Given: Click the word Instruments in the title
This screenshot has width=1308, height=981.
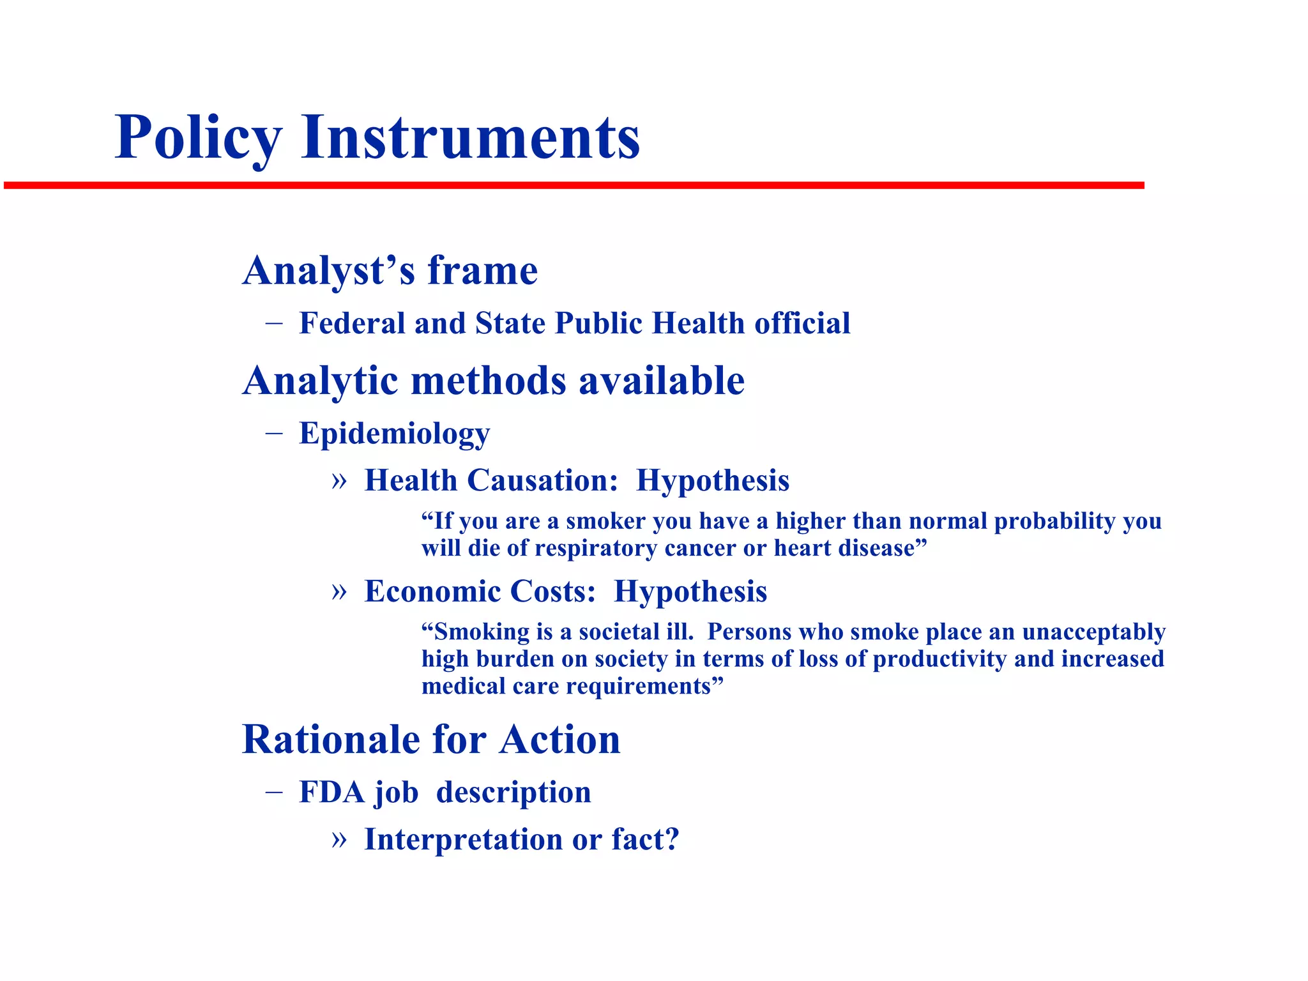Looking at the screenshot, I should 470,137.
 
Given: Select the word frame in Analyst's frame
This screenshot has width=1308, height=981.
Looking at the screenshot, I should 482,271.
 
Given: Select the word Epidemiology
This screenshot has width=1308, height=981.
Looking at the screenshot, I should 394,434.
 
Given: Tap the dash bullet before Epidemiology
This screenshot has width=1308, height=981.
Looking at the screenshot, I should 274,434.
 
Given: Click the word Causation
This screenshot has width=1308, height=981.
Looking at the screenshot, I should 543,480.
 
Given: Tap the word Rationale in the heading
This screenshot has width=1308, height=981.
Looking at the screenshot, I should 331,740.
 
